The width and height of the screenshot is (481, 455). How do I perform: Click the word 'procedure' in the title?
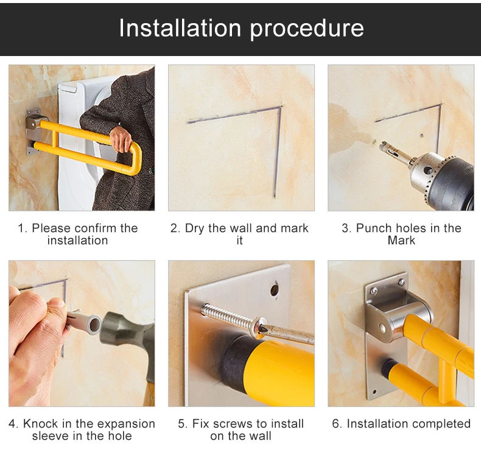point(307,29)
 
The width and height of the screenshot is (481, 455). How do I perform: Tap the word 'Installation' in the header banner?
point(180,27)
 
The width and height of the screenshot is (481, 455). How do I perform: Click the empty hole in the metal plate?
point(274,289)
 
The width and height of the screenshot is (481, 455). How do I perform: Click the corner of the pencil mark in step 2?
point(280,107)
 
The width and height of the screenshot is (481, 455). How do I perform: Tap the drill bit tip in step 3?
point(381,145)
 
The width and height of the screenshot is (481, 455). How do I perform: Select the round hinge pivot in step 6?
point(382,328)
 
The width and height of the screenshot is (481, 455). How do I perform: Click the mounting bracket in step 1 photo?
point(33,132)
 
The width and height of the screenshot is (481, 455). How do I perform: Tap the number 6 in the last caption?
point(335,424)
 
